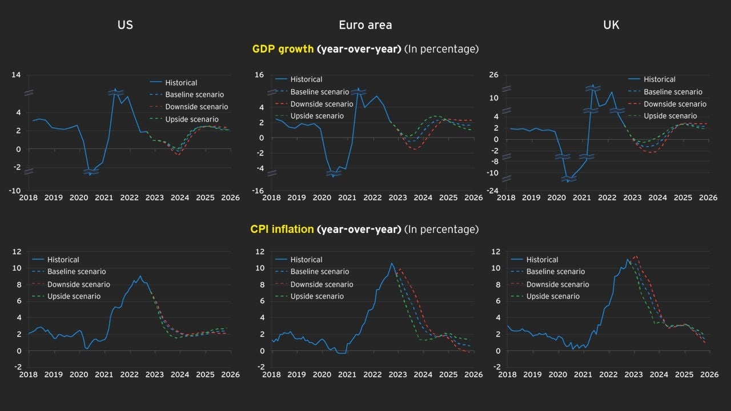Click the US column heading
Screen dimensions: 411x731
pyautogui.click(x=125, y=25)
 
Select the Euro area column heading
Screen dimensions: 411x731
pyautogui.click(x=365, y=25)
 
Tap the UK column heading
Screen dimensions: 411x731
pyautogui.click(x=611, y=25)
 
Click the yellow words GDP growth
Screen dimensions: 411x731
pyautogui.click(x=283, y=49)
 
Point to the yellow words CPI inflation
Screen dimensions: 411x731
pyautogui.click(x=282, y=229)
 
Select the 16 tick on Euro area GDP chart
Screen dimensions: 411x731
pyautogui.click(x=259, y=75)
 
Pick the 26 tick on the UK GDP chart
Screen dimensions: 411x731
pyautogui.click(x=495, y=75)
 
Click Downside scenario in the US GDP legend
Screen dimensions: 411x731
pyautogui.click(x=196, y=107)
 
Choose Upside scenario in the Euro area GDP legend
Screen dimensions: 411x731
pyautogui.click(x=317, y=116)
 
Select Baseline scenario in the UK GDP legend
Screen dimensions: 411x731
pyautogui.click(x=673, y=92)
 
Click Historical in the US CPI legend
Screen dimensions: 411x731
pyautogui.click(x=63, y=260)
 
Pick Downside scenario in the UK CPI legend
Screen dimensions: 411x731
pyautogui.click(x=557, y=284)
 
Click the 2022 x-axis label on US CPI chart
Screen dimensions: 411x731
pyautogui.click(x=128, y=374)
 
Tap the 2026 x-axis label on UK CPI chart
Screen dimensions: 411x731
pyautogui.click(x=708, y=374)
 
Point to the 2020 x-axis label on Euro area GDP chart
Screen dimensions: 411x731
pyautogui.click(x=322, y=198)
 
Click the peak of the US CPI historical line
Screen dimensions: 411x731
pyautogui.click(x=140, y=276)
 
